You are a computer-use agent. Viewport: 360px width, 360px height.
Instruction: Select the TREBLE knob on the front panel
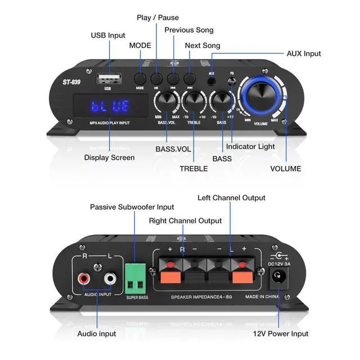click(193, 101)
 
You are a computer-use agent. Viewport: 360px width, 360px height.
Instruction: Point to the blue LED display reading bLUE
click(110, 106)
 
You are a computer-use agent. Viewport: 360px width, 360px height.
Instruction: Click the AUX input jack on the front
click(212, 80)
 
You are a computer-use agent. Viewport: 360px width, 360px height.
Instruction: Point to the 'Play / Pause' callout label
click(157, 17)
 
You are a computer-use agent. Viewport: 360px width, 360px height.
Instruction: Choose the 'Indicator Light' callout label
click(250, 147)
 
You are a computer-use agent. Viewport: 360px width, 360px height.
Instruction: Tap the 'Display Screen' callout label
click(109, 157)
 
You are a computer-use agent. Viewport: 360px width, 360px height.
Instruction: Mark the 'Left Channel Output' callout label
click(231, 198)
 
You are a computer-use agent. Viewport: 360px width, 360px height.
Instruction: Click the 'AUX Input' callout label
click(304, 53)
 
